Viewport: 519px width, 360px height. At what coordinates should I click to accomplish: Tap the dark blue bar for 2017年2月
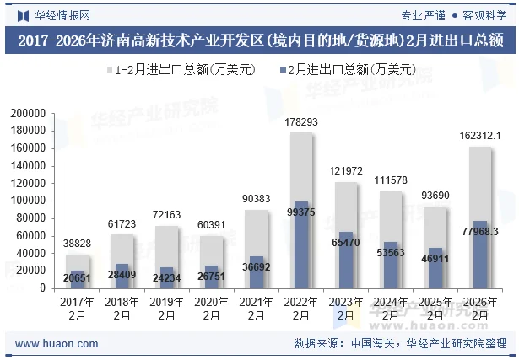pyautogui.click(x=77, y=279)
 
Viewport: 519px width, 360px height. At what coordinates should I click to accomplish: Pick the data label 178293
pyautogui.click(x=301, y=122)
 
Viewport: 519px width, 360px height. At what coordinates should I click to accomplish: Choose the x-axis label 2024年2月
pyautogui.click(x=391, y=309)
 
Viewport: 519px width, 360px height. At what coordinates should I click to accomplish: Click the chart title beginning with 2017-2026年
pyautogui.click(x=259, y=40)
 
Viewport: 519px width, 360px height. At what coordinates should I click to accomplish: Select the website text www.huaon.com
pyautogui.click(x=51, y=344)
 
